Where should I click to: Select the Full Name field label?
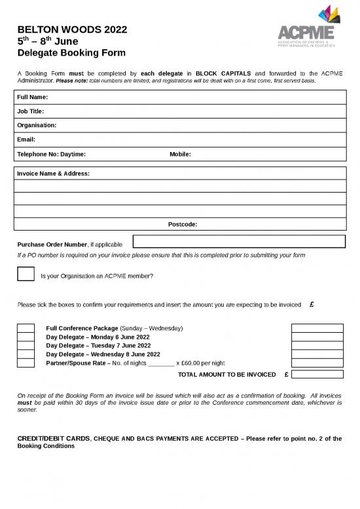(33, 97)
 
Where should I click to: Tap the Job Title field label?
(31, 111)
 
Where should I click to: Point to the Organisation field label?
(37, 125)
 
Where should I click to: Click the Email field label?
(26, 140)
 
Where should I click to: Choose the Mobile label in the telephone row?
(180, 154)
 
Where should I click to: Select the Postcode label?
(183, 224)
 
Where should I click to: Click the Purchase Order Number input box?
(238, 242)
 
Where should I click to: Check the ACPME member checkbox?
(26, 274)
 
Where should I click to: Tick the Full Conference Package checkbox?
(26, 328)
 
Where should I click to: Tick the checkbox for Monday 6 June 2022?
(26, 337)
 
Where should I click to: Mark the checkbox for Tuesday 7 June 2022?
(26, 345)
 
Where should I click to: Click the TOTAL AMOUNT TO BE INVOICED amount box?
(317, 375)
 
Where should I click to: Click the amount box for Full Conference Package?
(317, 328)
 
